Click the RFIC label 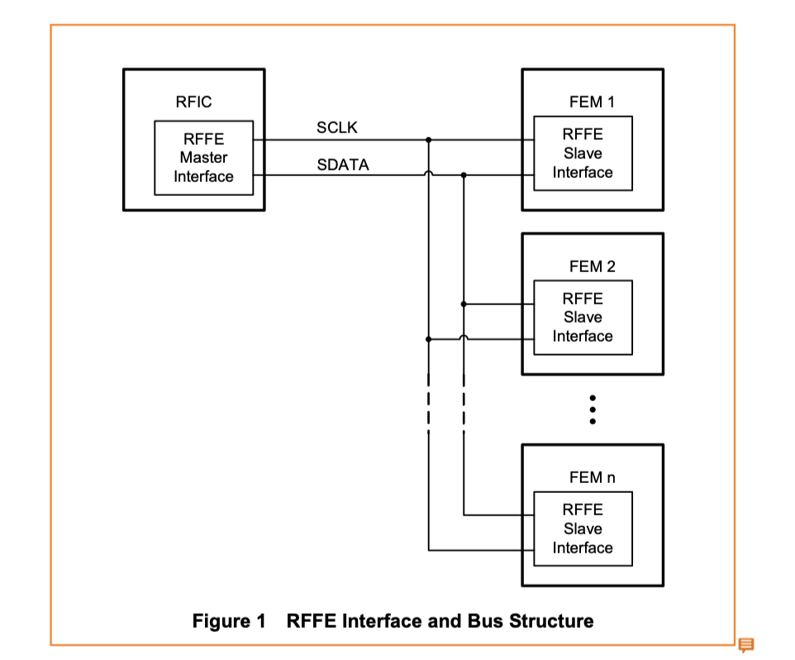(x=193, y=103)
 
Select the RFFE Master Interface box (x=203, y=158)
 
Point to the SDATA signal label (x=342, y=165)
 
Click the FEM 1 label (x=592, y=103)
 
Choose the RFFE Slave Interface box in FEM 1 (x=583, y=153)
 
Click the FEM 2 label (x=592, y=266)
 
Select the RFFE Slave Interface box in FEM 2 (x=583, y=318)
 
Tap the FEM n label (x=592, y=478)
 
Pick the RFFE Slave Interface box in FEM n (x=583, y=529)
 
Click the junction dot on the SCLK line (x=428, y=140)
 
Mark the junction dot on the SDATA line (x=464, y=175)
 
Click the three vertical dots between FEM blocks (x=593, y=409)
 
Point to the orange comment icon (x=745, y=644)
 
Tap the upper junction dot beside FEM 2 (x=464, y=304)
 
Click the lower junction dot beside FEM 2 (x=428, y=339)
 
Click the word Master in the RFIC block (x=203, y=158)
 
